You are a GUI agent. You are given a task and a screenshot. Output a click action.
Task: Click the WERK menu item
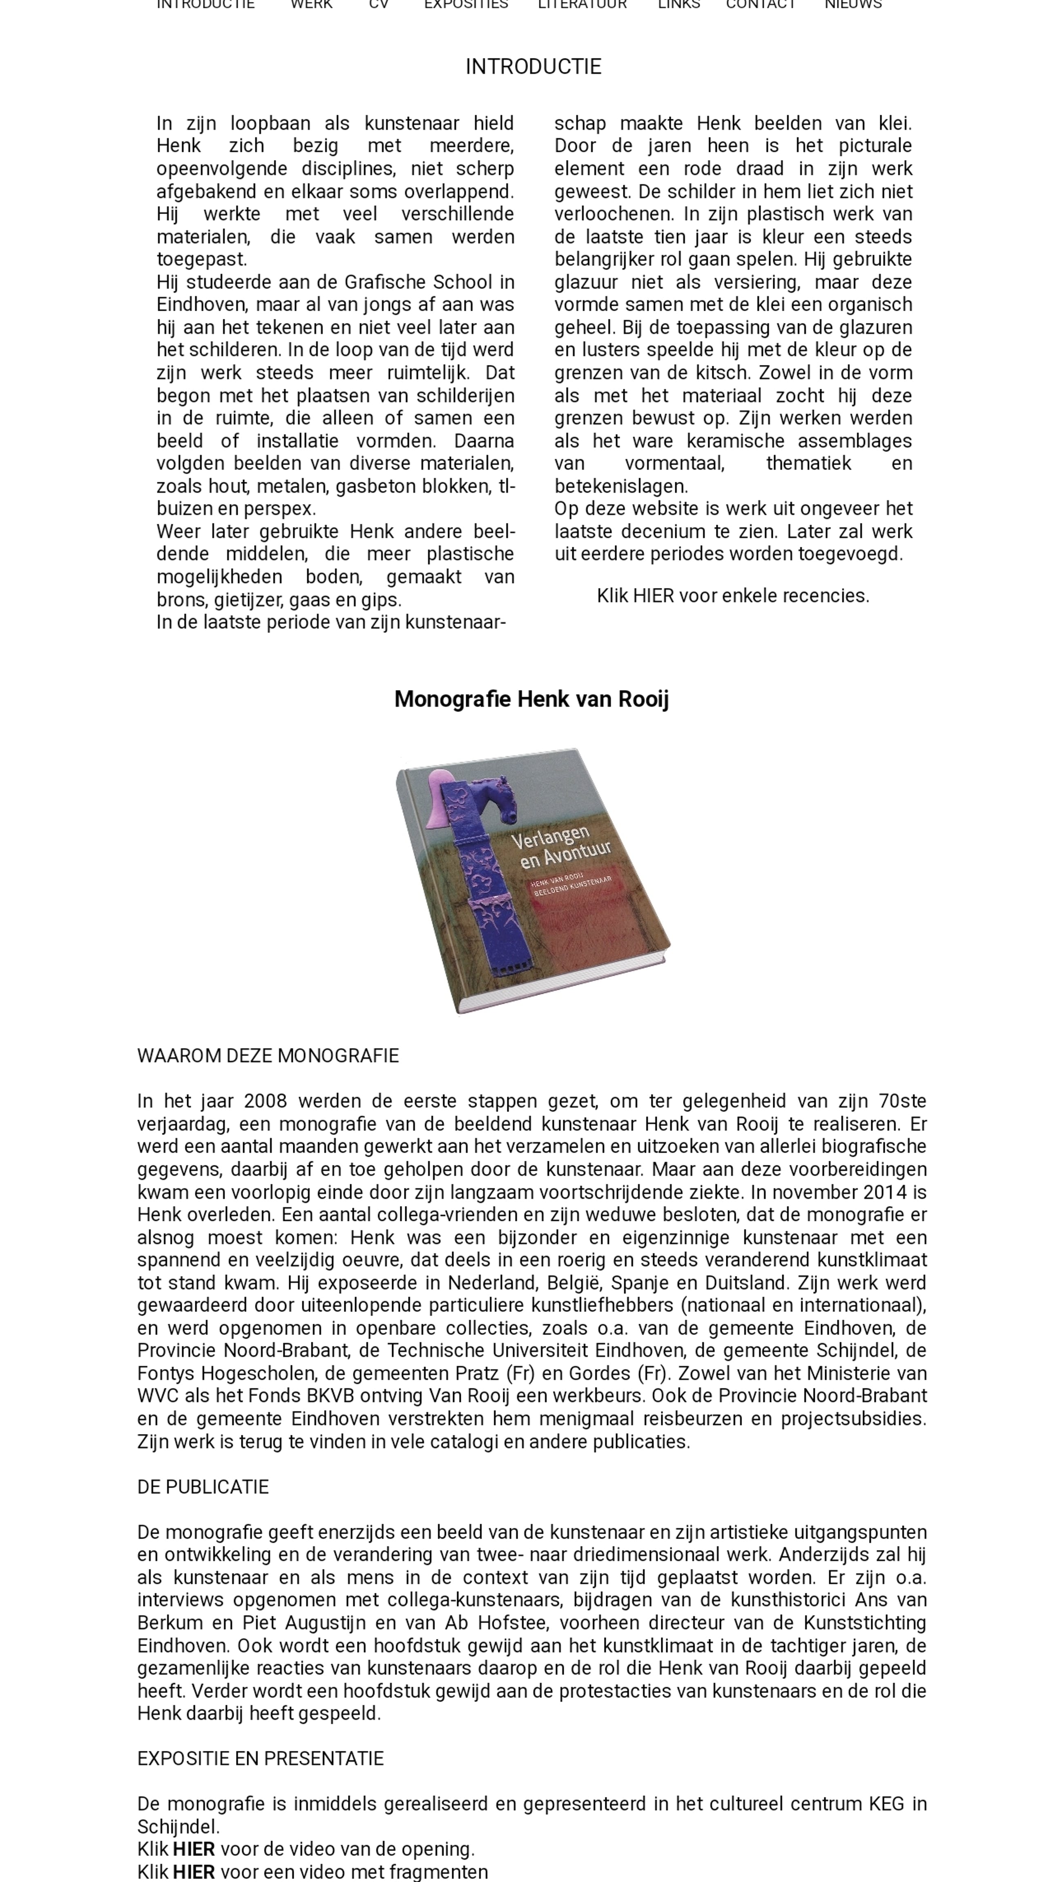pos(311,4)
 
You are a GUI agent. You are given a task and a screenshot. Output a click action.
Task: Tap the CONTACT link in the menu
pos(760,4)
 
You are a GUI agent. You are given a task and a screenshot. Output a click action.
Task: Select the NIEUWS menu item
pos(853,4)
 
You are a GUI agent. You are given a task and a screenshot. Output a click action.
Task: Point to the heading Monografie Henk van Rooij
pos(531,699)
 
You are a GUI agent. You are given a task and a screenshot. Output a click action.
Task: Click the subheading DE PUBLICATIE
pos(203,1487)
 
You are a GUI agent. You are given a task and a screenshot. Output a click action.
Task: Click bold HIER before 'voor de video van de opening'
pos(194,1849)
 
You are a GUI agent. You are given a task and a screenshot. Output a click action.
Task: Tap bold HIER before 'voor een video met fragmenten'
pos(194,1872)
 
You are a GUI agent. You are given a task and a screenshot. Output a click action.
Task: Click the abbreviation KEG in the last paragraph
pos(886,1804)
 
